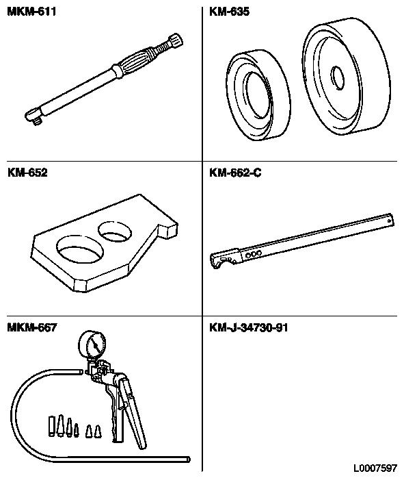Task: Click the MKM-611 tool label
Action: (x=31, y=12)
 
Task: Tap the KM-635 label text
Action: (x=230, y=12)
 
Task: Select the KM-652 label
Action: (x=27, y=173)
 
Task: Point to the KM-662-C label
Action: (x=235, y=173)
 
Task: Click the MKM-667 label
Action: (x=32, y=328)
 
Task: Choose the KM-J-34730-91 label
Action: (x=249, y=328)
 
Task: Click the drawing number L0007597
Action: (x=375, y=468)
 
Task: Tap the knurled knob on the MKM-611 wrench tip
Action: (x=176, y=40)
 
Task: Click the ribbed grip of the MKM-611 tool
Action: (x=134, y=62)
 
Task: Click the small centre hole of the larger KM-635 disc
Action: (x=338, y=78)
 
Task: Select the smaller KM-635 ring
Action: (x=258, y=95)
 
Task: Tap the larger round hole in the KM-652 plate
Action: (x=80, y=249)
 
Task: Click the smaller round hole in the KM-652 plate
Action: (x=115, y=231)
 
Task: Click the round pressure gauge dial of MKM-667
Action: (x=92, y=345)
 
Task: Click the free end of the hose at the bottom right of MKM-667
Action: (x=188, y=460)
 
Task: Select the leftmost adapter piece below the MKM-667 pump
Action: (x=51, y=425)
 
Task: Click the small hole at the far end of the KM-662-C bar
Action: (x=389, y=221)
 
